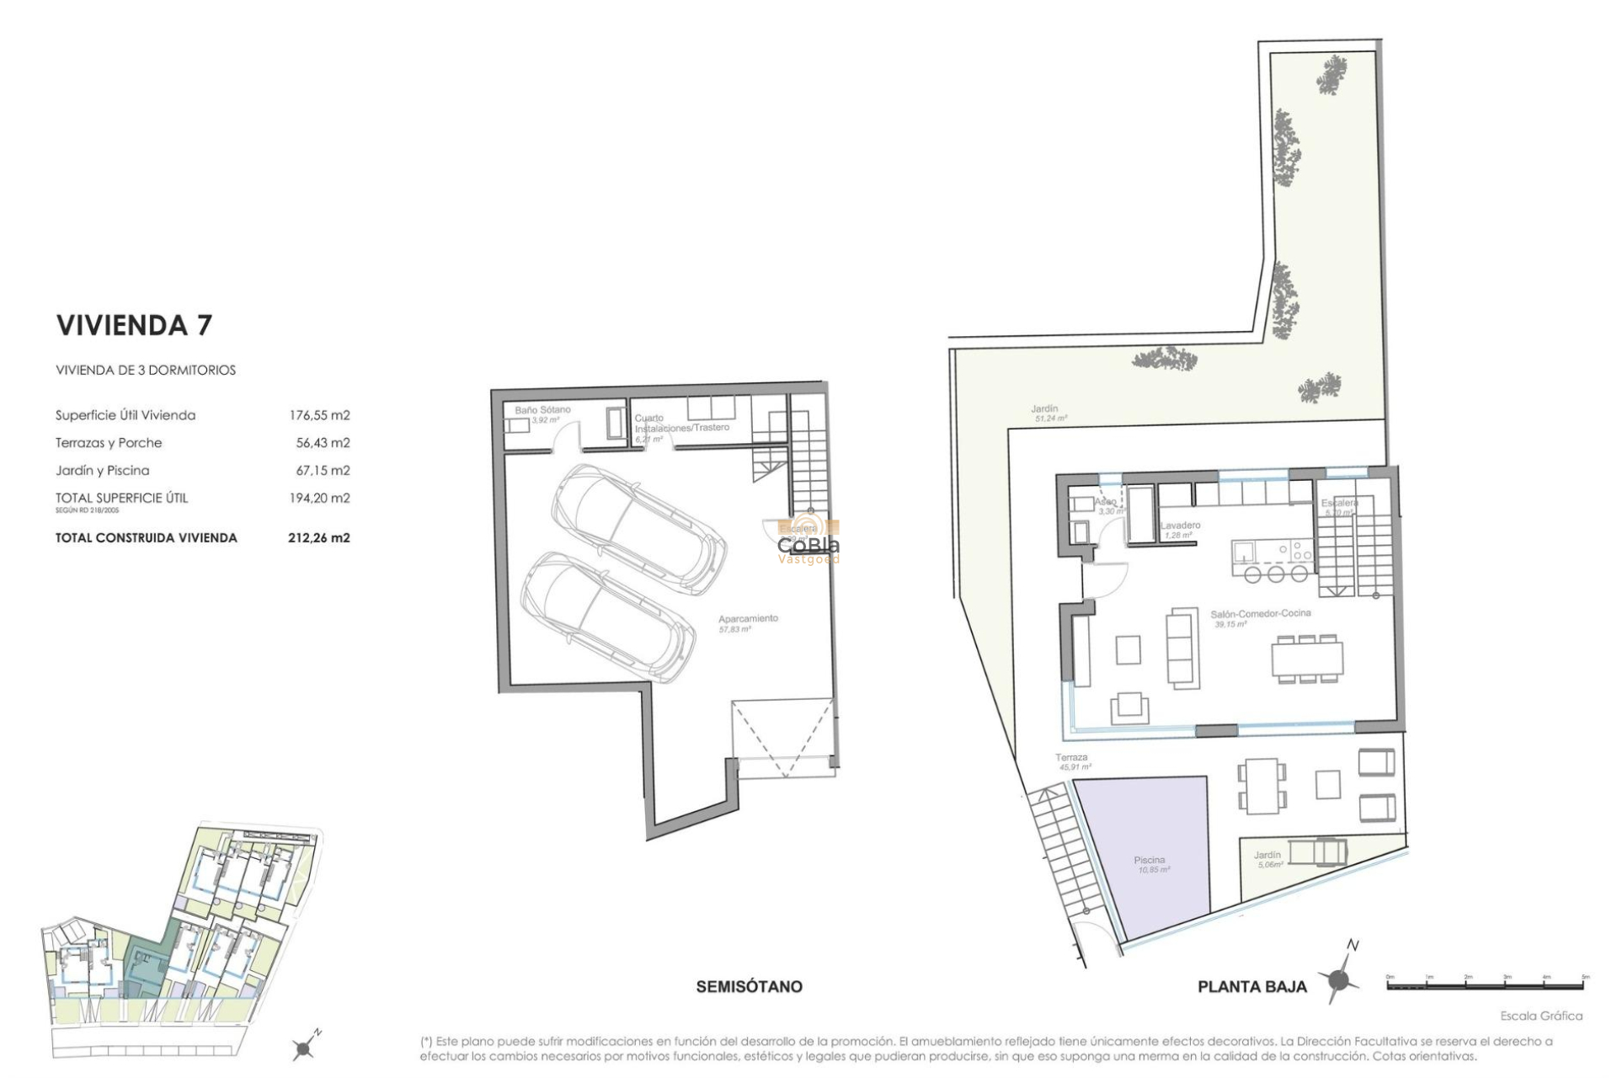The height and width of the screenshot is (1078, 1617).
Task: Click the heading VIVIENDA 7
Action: (x=134, y=325)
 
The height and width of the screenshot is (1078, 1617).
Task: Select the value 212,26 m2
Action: (x=318, y=537)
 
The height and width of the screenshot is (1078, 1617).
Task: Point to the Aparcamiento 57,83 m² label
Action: (x=748, y=623)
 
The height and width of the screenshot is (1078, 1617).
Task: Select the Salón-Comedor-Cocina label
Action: (x=1260, y=618)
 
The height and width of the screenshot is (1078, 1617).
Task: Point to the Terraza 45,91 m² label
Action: (x=1073, y=762)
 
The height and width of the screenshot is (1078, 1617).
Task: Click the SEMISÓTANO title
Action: (x=749, y=986)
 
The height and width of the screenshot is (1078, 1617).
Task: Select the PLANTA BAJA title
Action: (x=1251, y=987)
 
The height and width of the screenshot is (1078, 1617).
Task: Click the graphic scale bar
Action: (x=1486, y=984)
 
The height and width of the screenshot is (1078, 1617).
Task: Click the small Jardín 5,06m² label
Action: (x=1268, y=859)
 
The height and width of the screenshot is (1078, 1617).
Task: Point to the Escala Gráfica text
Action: (x=1540, y=1016)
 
